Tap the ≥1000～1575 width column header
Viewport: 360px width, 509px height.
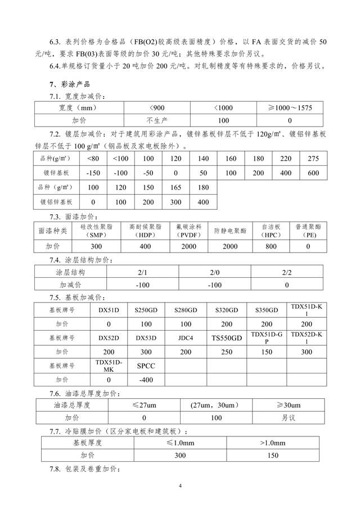click(290, 107)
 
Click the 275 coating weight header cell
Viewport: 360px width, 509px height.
click(313, 159)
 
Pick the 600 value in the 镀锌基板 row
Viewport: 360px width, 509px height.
click(313, 173)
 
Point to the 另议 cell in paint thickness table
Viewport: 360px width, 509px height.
click(288, 418)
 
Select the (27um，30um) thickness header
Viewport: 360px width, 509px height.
click(216, 405)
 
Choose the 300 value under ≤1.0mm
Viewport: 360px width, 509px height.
click(181, 456)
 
